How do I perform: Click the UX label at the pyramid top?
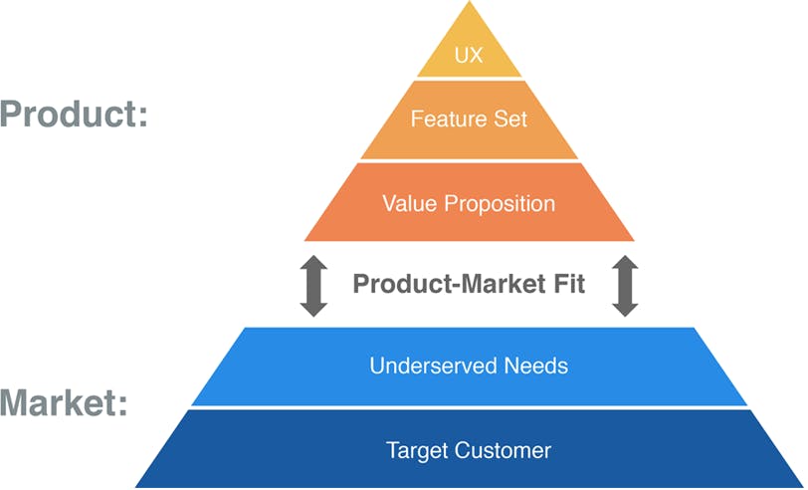469,55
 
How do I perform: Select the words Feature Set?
469,119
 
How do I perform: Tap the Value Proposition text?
469,204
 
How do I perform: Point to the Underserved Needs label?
469,366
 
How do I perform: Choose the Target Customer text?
469,450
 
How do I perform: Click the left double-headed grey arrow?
313,286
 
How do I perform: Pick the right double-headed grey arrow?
625,286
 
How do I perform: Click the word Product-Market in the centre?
448,284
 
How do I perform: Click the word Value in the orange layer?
405,204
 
